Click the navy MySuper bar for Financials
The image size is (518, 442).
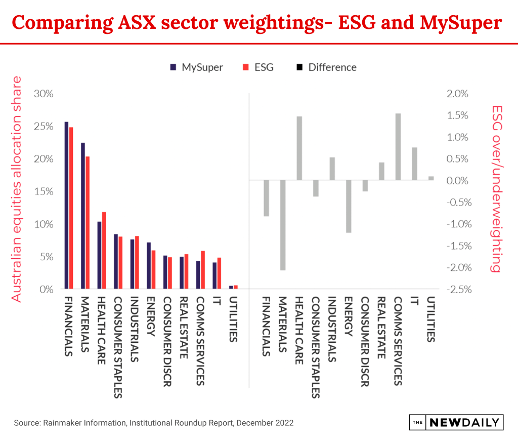coord(66,205)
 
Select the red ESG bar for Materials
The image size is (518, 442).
coord(88,223)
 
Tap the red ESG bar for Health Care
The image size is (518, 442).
coord(104,251)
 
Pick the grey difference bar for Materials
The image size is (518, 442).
coord(283,225)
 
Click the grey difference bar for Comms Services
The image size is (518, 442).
coord(398,147)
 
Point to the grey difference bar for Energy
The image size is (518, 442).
coord(349,207)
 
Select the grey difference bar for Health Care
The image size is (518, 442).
coord(299,148)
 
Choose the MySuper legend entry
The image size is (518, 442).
coord(197,67)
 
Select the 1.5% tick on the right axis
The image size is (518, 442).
coord(458,115)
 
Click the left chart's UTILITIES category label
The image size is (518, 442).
coord(233,321)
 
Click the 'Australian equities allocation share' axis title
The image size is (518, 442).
coord(17,189)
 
